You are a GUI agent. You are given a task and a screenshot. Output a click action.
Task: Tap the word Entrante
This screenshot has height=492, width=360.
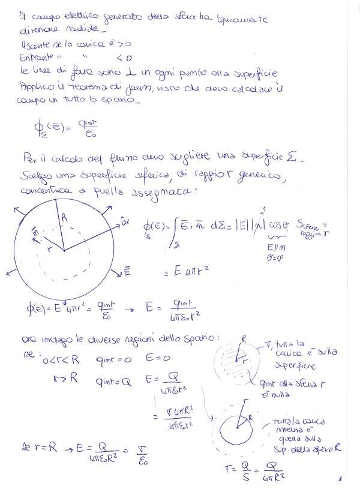[x=34, y=58]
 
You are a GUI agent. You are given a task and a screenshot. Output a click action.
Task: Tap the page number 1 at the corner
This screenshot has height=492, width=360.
[x=340, y=479]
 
